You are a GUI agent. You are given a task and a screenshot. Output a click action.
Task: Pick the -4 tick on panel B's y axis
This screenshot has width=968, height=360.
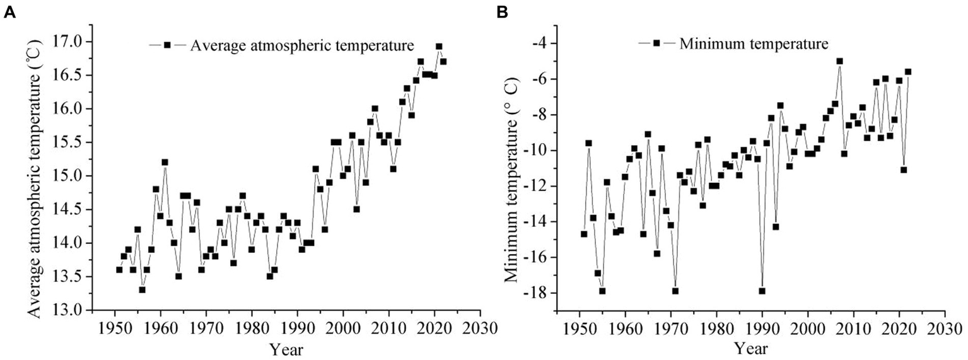(x=541, y=44)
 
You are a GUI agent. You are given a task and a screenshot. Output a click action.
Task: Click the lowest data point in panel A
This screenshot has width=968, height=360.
(x=143, y=290)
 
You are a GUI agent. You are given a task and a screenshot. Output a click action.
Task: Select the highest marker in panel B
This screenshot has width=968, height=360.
(x=839, y=61)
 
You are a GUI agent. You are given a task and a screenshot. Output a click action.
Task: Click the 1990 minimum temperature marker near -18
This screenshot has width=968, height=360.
(x=762, y=291)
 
